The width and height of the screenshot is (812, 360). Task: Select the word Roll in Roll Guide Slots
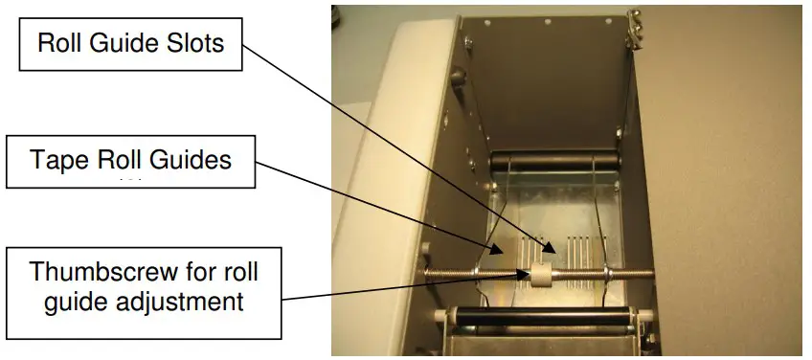point(61,43)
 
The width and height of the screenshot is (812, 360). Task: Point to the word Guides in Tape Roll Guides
point(190,160)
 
